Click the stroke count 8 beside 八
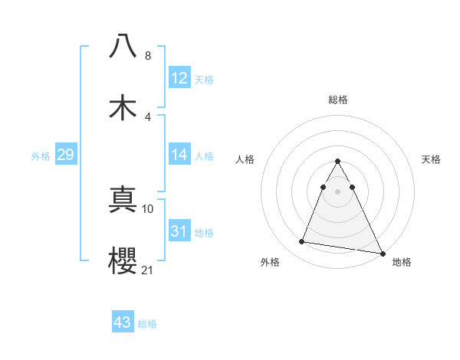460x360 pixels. click(x=148, y=56)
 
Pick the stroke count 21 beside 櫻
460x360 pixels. click(x=148, y=270)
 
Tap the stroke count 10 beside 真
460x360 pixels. click(x=148, y=208)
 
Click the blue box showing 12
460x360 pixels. click(x=179, y=78)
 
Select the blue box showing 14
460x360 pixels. click(x=179, y=155)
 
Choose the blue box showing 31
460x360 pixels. click(x=179, y=231)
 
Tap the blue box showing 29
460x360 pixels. click(x=65, y=155)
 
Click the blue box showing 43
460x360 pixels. click(x=122, y=322)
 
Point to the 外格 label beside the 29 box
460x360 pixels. click(x=41, y=155)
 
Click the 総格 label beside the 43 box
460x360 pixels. click(x=147, y=323)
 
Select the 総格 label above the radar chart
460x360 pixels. click(x=338, y=100)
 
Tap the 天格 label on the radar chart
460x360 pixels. click(x=432, y=159)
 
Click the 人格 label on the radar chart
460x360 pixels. click(x=245, y=159)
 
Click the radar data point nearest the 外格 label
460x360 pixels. click(x=301, y=242)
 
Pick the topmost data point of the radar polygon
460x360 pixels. click(x=338, y=162)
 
